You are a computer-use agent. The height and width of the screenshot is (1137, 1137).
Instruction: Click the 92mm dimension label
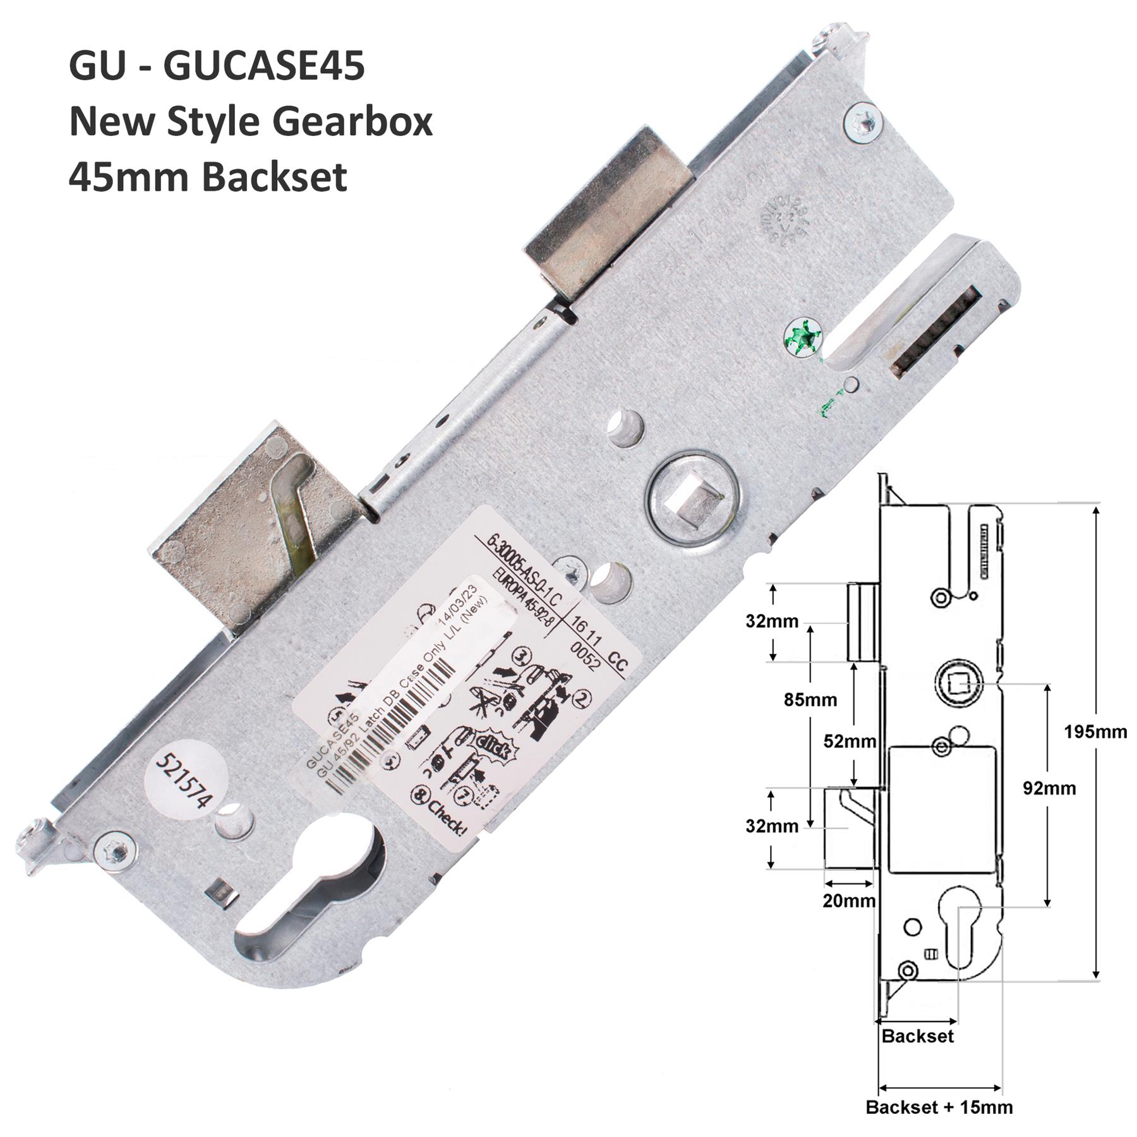[1049, 788]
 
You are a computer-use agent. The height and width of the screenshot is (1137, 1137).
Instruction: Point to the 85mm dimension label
[810, 699]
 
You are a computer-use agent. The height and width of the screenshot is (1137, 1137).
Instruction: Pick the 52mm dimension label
[850, 741]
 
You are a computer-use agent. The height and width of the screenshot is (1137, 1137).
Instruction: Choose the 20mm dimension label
[848, 901]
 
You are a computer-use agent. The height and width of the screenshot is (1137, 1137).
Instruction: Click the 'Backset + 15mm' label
[939, 1107]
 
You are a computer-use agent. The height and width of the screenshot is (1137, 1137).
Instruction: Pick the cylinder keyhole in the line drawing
[958, 926]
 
